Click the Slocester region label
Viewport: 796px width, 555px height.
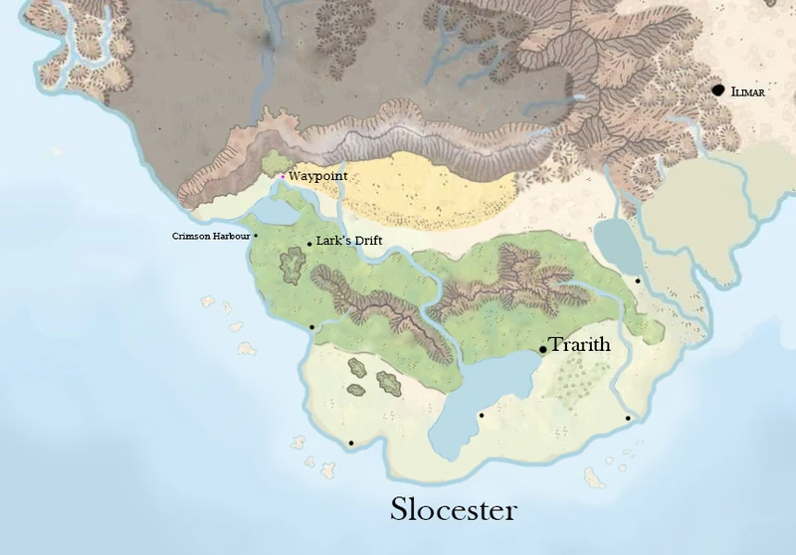tap(454, 510)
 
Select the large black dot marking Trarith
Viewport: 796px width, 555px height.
tap(543, 349)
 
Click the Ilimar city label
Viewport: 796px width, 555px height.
tap(748, 92)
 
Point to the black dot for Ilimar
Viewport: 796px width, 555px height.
tap(718, 90)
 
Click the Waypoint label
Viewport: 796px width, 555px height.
tap(318, 176)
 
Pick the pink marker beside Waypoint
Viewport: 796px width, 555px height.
tap(283, 177)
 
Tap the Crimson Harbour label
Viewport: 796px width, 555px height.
tap(210, 236)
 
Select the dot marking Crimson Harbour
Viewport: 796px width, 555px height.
tap(256, 236)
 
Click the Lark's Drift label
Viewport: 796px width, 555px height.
tap(349, 241)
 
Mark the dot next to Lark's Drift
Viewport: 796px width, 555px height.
tap(309, 244)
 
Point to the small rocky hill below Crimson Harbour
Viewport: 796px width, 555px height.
tap(294, 266)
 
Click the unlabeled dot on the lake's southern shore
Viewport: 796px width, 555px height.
tap(482, 416)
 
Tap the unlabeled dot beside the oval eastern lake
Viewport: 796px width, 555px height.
tap(638, 280)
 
